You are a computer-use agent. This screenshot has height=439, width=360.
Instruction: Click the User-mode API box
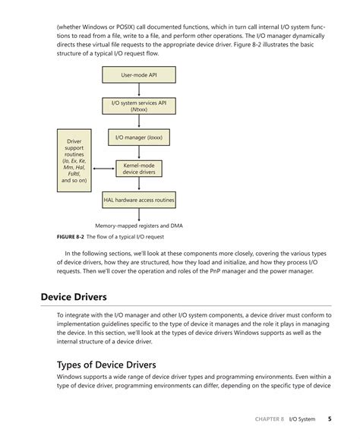(138, 75)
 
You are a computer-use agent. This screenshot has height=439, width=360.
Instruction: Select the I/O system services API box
(138, 106)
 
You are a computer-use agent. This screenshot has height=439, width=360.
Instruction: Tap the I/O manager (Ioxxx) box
(138, 138)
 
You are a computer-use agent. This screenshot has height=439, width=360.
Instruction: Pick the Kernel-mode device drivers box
(138, 169)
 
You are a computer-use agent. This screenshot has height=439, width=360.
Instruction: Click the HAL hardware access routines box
(138, 201)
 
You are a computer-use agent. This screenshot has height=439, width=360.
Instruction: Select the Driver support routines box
(74, 160)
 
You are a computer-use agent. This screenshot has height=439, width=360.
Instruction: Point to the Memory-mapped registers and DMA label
(139, 226)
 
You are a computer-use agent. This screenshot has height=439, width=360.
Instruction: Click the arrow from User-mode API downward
(138, 90)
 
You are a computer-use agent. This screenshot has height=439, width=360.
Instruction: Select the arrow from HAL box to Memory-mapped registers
(138, 214)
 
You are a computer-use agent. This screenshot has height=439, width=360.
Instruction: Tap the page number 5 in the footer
(329, 418)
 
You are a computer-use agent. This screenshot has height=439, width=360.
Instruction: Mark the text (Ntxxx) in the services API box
(138, 110)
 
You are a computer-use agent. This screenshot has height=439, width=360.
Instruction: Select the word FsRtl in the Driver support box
(74, 173)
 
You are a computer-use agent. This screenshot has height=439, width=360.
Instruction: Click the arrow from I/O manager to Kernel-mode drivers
(138, 153)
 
